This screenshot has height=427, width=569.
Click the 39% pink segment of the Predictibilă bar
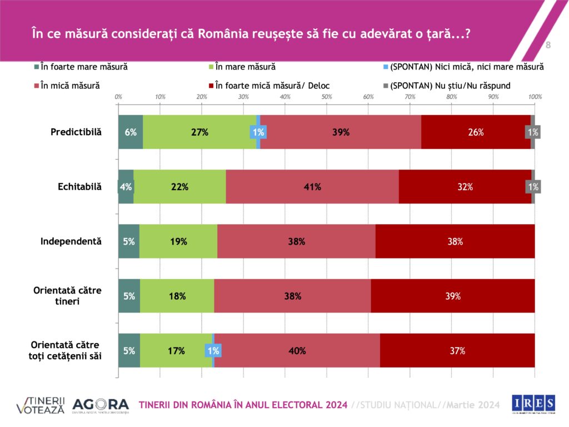[341, 132]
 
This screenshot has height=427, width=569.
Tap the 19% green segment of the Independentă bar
[178, 241]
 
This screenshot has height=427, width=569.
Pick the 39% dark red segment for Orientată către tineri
[453, 296]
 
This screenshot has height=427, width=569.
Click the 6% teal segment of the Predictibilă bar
[131, 132]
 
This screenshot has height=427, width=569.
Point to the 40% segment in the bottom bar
[297, 350]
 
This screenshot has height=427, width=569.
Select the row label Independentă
[71, 241]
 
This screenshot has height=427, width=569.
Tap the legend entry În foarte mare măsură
[81, 67]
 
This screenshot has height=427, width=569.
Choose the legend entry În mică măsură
[67, 86]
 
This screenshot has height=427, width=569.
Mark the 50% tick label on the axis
[327, 97]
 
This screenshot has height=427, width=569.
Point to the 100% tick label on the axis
[535, 97]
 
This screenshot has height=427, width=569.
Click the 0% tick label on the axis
[118, 97]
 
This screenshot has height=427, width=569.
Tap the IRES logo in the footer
[533, 404]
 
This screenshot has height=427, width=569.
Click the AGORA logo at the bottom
[101, 405]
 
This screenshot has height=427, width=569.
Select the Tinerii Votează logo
[41, 405]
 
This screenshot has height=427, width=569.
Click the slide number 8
[548, 44]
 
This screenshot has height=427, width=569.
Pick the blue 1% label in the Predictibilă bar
[258, 132]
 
